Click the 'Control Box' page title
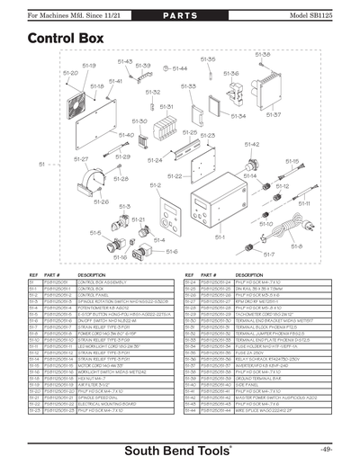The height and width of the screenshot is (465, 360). pos(64,40)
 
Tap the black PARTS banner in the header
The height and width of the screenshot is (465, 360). pos(179,17)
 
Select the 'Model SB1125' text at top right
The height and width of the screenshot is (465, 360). pos(322,17)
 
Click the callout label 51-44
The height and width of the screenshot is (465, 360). pos(179,68)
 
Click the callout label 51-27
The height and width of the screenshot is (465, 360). pos(80,159)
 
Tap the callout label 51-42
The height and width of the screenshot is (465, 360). pos(253,145)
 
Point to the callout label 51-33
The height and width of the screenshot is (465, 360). pos(188,86)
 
